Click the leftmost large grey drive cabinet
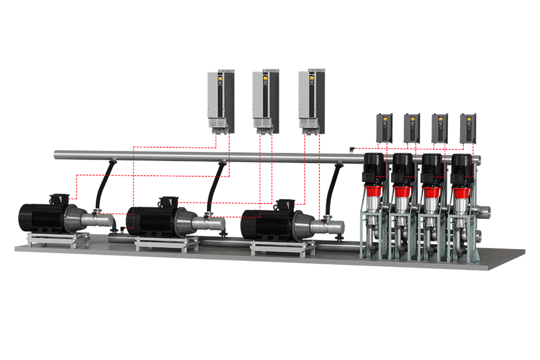[x=221, y=99]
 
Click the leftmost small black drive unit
[x=384, y=128]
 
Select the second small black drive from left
[x=412, y=128]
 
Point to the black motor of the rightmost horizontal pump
[x=263, y=224]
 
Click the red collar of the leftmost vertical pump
[x=374, y=192]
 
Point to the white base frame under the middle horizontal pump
[x=166, y=243]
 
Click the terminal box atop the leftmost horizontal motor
[x=59, y=198]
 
